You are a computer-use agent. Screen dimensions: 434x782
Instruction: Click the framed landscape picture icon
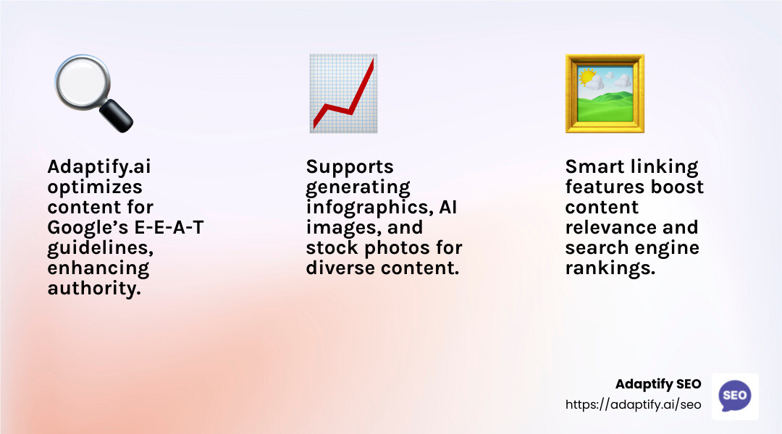pos(605,93)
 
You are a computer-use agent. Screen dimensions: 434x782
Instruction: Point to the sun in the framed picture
pos(586,77)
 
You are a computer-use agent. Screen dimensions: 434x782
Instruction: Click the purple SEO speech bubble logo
pos(735,396)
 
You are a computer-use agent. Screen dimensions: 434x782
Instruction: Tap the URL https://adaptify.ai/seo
pos(633,405)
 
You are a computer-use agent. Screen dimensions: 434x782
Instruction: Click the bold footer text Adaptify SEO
pos(658,384)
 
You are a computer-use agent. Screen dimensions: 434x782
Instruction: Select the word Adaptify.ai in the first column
pos(100,167)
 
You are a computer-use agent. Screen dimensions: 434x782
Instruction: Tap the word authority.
pos(93,289)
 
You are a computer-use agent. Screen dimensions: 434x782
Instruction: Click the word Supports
pos(350,167)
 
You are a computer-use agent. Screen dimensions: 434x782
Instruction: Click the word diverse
pos(338,268)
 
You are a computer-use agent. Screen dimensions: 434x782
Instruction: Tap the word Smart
pos(594,167)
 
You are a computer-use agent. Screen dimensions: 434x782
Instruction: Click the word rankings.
pos(610,268)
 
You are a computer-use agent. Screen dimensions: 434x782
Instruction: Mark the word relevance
pos(610,228)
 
